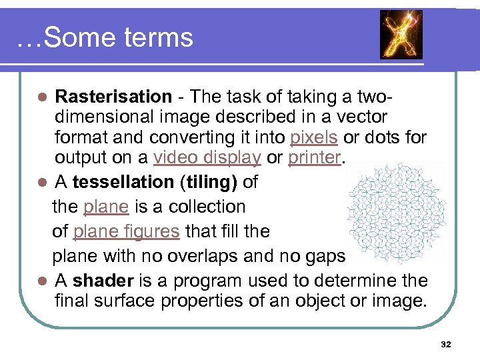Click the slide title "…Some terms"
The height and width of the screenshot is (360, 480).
(x=105, y=37)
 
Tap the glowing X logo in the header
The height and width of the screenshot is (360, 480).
(x=401, y=35)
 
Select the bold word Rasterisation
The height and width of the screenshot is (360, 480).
(x=113, y=97)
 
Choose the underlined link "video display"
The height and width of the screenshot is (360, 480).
(x=207, y=159)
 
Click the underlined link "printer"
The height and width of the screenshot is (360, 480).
(x=314, y=159)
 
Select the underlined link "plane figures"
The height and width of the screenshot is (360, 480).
(x=126, y=231)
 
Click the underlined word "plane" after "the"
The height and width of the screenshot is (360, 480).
(x=105, y=207)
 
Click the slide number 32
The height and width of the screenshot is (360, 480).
(x=446, y=344)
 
